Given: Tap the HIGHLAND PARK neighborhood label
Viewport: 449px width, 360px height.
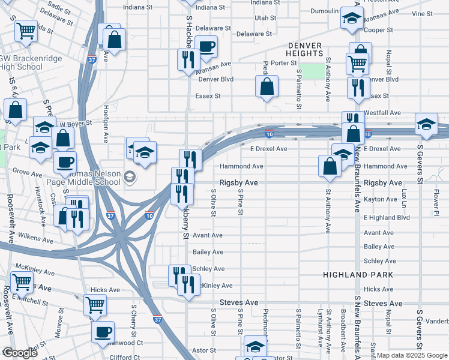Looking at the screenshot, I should (x=358, y=274).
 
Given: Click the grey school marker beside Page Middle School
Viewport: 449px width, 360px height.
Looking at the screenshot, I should (x=129, y=177).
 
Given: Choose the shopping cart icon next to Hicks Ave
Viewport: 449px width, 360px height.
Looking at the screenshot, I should (x=95, y=304).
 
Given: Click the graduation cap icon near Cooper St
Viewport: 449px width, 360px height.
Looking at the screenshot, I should (x=352, y=19).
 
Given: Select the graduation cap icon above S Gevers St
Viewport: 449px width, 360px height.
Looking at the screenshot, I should (x=427, y=124).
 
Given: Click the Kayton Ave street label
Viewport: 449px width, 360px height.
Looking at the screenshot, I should (x=380, y=199).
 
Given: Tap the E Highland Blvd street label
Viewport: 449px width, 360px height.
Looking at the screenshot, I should (x=387, y=217).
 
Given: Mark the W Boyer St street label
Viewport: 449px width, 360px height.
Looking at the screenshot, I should (x=74, y=123).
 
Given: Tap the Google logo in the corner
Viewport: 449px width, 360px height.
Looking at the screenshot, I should (x=19, y=353).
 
